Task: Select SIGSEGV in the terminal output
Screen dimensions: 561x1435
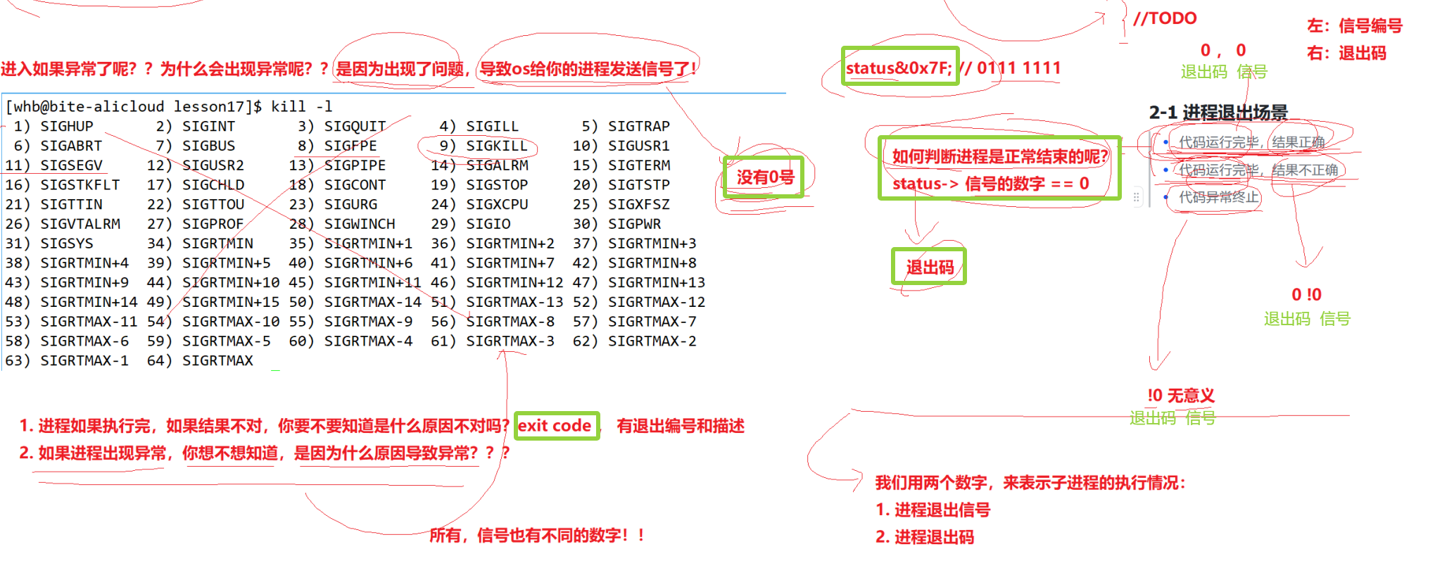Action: point(71,165)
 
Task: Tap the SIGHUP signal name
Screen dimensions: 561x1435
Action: point(66,126)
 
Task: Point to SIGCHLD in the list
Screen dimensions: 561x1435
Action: point(213,185)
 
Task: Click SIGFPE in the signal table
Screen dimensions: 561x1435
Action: point(350,146)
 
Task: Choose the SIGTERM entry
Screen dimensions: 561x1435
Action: point(639,165)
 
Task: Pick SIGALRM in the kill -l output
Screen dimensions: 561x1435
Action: point(497,165)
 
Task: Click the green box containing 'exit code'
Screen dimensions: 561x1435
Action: point(556,426)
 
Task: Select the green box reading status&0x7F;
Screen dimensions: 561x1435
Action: point(899,67)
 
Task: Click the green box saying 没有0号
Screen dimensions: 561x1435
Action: point(764,177)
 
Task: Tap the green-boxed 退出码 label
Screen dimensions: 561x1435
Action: point(929,267)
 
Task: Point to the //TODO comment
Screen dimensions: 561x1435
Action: point(1165,18)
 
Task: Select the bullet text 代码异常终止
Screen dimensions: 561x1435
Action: point(1218,197)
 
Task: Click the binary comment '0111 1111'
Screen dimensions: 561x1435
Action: point(1018,68)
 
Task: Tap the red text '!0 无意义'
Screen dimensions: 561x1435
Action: point(1180,396)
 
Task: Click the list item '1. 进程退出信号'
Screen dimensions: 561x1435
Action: point(933,510)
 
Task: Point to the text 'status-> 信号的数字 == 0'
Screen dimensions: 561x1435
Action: point(990,184)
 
